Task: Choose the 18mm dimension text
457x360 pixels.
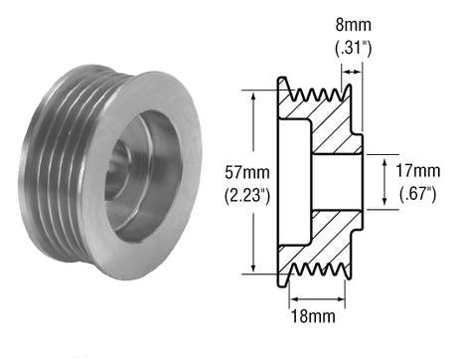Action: click(316, 318)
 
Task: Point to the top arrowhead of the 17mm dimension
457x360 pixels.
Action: click(384, 159)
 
